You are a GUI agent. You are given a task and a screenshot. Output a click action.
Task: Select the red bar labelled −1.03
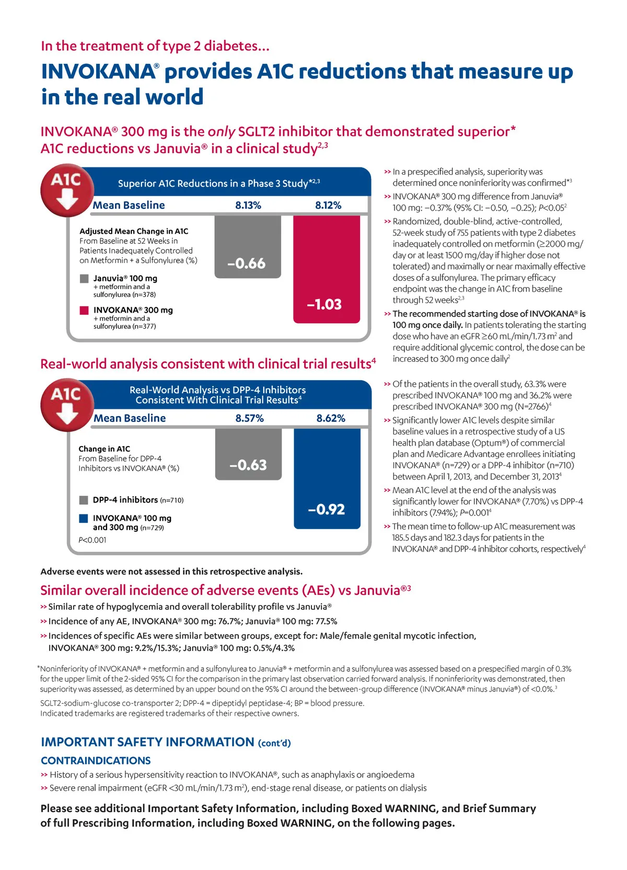pos(327,269)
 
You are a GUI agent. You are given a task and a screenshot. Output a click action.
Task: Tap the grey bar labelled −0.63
pos(248,453)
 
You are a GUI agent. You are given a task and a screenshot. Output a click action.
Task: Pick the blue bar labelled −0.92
pos(327,478)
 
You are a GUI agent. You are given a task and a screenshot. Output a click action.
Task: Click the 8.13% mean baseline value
pos(248,205)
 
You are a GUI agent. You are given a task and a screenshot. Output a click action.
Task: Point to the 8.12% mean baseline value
pos(328,205)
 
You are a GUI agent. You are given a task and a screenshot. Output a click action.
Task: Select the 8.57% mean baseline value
pos(249,418)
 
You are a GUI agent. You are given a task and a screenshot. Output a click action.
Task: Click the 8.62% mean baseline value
pos(331,418)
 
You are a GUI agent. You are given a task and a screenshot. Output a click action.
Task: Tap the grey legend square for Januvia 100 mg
pos(84,279)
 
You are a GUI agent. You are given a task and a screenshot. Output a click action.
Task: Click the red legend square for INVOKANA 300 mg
pos(84,310)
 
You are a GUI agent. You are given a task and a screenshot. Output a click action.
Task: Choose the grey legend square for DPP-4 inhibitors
pos(84,500)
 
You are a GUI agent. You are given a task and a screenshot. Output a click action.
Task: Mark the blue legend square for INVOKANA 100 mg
pos(84,518)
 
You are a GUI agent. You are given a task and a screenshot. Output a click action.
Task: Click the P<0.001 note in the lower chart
pos(92,540)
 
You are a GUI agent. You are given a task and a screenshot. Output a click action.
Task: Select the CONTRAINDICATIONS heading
pos(96,761)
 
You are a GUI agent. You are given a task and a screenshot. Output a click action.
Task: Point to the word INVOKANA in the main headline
pos(99,72)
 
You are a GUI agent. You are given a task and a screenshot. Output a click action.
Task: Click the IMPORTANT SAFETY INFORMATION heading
pos(147,742)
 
